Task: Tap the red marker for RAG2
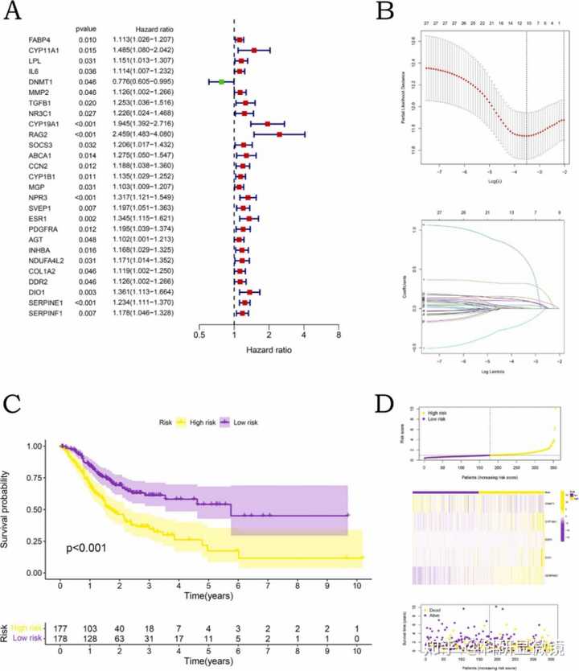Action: [278, 134]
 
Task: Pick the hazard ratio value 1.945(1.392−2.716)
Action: [145, 124]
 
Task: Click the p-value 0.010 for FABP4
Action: [88, 39]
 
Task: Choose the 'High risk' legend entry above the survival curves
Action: [199, 420]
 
